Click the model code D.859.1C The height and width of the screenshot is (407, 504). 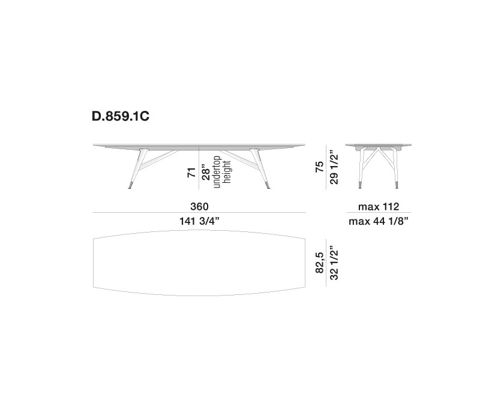[121, 116]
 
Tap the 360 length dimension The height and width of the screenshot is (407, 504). [199, 206]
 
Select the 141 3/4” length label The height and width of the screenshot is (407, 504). [199, 221]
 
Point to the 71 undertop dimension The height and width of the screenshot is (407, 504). [192, 172]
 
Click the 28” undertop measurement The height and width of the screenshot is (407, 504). [206, 173]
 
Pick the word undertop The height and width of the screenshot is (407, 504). [217, 172]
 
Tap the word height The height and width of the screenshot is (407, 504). [227, 172]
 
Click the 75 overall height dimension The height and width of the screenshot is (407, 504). [319, 167]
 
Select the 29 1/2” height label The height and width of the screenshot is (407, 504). [334, 167]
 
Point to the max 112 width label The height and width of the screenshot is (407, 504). [379, 207]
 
